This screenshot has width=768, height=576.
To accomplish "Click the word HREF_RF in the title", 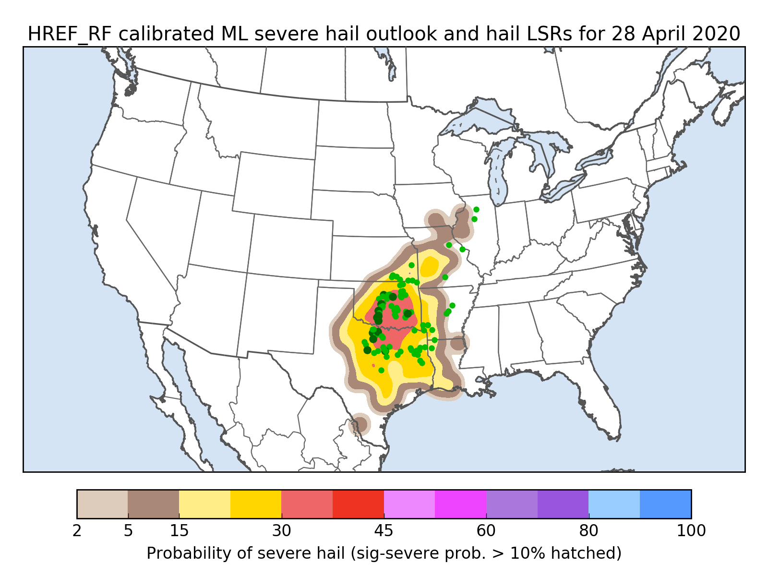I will (x=70, y=34).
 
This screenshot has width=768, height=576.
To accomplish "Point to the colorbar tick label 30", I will (x=281, y=531).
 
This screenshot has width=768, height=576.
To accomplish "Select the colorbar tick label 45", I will (x=384, y=531).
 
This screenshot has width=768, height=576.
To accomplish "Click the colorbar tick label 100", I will (x=691, y=531).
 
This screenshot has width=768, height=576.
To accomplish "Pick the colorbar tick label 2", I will (x=77, y=531).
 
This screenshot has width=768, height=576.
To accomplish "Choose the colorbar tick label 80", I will (x=588, y=531).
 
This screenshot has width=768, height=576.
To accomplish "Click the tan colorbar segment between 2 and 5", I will (x=102, y=504).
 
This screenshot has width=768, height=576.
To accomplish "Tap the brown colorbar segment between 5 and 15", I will (x=154, y=504).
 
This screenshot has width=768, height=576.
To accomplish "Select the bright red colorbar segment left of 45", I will (x=358, y=504).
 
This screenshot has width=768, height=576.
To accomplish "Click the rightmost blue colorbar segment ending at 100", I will (x=665, y=504).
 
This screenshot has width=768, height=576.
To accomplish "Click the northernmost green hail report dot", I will (x=476, y=209).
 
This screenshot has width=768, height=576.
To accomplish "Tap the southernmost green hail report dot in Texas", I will (x=381, y=370).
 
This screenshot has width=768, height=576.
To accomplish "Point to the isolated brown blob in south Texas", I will (x=360, y=424).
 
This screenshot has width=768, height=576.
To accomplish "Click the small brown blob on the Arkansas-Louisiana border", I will (x=458, y=343).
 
